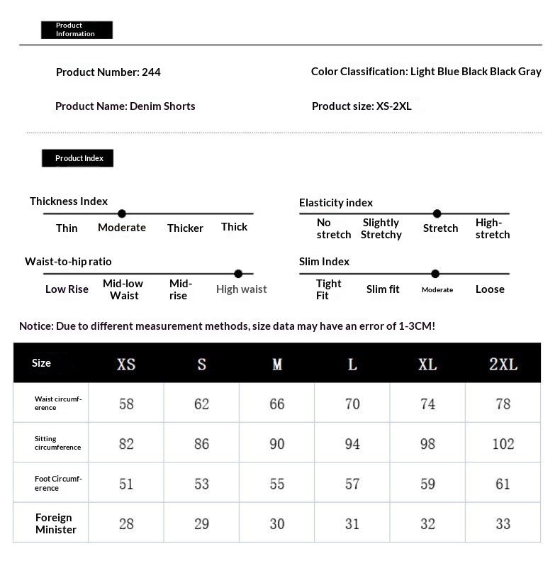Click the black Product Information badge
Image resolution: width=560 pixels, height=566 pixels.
tap(77, 30)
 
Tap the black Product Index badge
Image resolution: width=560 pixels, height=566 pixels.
tap(77, 158)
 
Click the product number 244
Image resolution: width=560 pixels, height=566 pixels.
tap(151, 72)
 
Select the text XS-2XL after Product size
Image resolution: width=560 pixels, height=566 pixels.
tap(393, 106)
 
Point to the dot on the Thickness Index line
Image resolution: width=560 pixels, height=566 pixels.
tap(122, 213)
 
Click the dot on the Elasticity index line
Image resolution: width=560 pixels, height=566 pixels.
tap(437, 213)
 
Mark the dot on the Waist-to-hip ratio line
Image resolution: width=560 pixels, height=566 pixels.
tap(238, 274)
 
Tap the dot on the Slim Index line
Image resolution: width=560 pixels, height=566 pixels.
tap(435, 274)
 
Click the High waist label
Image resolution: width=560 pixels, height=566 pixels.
tap(242, 289)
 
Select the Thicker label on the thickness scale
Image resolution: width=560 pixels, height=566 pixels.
tap(185, 228)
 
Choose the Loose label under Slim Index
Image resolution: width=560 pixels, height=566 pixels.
tap(490, 289)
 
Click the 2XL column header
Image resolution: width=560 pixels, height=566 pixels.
tap(503, 364)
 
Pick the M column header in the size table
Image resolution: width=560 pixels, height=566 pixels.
tap(277, 364)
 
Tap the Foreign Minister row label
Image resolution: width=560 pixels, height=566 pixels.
tap(56, 523)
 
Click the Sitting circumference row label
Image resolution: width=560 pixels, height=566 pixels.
tap(57, 443)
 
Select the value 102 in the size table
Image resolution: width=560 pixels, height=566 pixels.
tap(503, 444)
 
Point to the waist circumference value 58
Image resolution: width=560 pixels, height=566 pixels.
tap(126, 404)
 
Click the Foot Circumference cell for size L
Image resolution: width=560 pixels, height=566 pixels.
tap(352, 484)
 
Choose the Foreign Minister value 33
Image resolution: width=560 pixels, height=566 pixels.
tap(503, 523)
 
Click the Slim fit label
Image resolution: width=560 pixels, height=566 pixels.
tap(383, 289)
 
